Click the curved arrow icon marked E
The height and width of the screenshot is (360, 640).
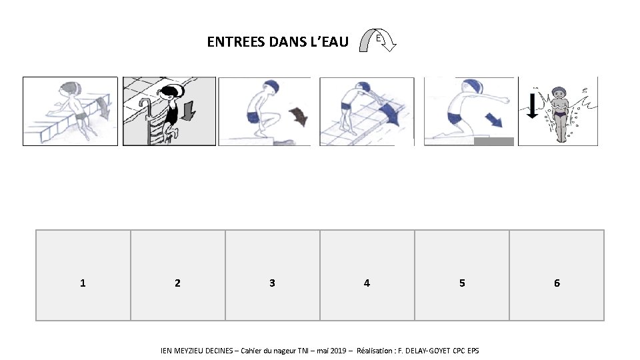(377, 40)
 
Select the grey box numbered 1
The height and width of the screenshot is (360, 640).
(83, 275)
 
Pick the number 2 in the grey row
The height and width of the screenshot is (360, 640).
(177, 283)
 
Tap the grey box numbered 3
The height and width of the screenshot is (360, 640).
(273, 275)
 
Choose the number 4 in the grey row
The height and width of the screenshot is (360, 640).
(367, 283)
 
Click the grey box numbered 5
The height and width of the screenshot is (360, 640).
(462, 275)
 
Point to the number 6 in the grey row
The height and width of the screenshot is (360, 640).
(557, 283)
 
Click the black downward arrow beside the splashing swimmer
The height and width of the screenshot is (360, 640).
(532, 106)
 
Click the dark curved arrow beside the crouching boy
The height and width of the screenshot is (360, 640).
(299, 116)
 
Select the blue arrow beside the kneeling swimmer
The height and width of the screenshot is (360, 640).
(494, 120)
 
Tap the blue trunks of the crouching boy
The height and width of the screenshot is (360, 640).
(253, 117)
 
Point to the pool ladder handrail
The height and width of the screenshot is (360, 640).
(146, 119)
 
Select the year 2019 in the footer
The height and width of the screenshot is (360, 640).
(338, 351)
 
